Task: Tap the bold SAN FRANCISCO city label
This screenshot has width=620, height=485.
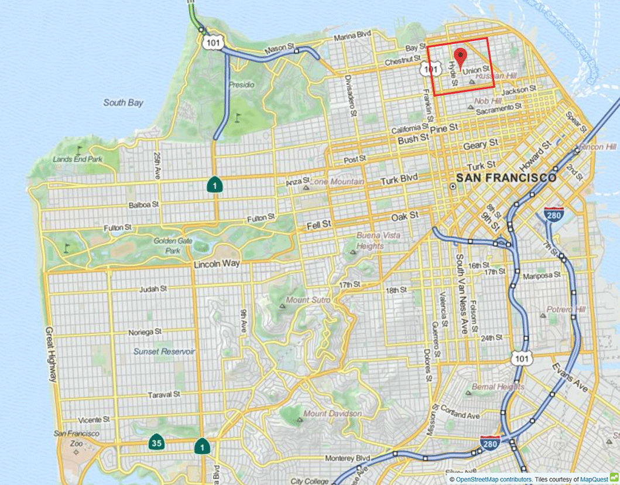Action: tap(506, 177)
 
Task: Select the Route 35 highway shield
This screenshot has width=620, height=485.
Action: tap(156, 443)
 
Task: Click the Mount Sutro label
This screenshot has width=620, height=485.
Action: tap(308, 300)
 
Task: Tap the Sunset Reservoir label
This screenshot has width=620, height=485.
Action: tap(164, 351)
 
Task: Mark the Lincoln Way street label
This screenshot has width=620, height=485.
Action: tap(217, 264)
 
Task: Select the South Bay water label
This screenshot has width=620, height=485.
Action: tap(123, 103)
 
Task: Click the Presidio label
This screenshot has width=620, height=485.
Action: tap(242, 85)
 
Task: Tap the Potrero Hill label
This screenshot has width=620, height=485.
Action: tap(566, 309)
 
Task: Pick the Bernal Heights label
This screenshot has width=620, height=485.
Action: tap(498, 387)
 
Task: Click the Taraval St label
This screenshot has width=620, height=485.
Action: tap(163, 394)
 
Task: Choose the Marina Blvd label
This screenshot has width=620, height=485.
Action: tap(353, 38)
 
